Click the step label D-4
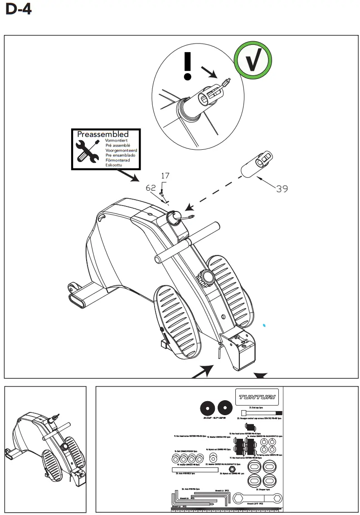pyautogui.click(x=19, y=9)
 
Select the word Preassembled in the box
pyautogui.click(x=102, y=134)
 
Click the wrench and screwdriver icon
pyautogui.click(x=88, y=152)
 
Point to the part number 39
pyautogui.click(x=282, y=189)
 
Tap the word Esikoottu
pyautogui.click(x=114, y=165)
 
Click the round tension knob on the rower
pyautogui.click(x=208, y=276)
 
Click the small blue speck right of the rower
pyautogui.click(x=265, y=325)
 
